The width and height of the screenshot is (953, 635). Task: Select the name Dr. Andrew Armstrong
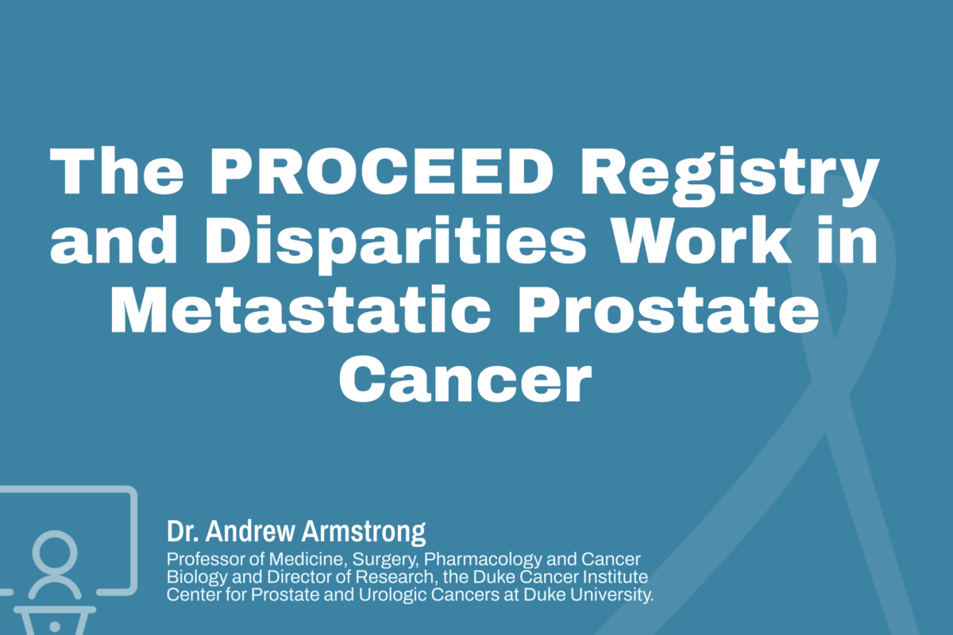[x=296, y=530]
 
